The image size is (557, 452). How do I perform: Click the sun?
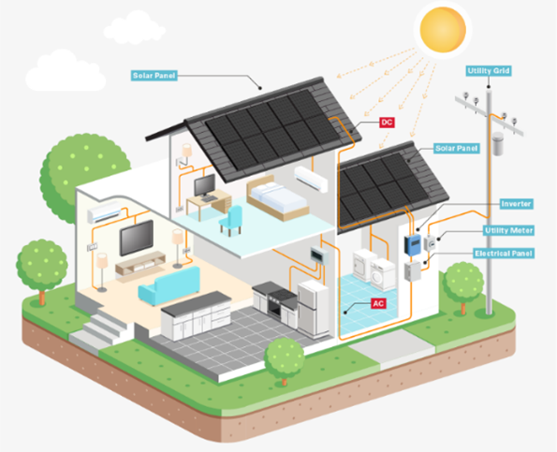coord(443,29)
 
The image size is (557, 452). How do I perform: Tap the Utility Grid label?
coord(489,71)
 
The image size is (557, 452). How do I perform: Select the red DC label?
coord(387,123)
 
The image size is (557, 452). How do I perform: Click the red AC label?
coord(378,303)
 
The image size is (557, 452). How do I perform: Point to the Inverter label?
coord(516,204)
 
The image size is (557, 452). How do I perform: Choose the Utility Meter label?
coord(508,230)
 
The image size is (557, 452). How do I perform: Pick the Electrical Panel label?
coord(504,254)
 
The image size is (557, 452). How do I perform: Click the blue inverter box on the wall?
coord(413,244)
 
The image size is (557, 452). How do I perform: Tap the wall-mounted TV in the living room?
coord(137,237)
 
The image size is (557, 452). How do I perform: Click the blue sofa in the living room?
coord(169,285)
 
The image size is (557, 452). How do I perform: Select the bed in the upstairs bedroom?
coord(278,197)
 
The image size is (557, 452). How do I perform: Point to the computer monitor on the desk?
coord(205,185)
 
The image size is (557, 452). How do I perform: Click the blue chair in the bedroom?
coord(231,221)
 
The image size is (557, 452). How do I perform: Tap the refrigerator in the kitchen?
coord(313,308)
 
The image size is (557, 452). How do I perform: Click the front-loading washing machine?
coord(383,275)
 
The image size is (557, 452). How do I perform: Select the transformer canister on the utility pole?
coord(498,143)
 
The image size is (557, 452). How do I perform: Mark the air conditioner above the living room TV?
coord(105,211)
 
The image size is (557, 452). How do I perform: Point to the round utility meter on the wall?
coord(431,243)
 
